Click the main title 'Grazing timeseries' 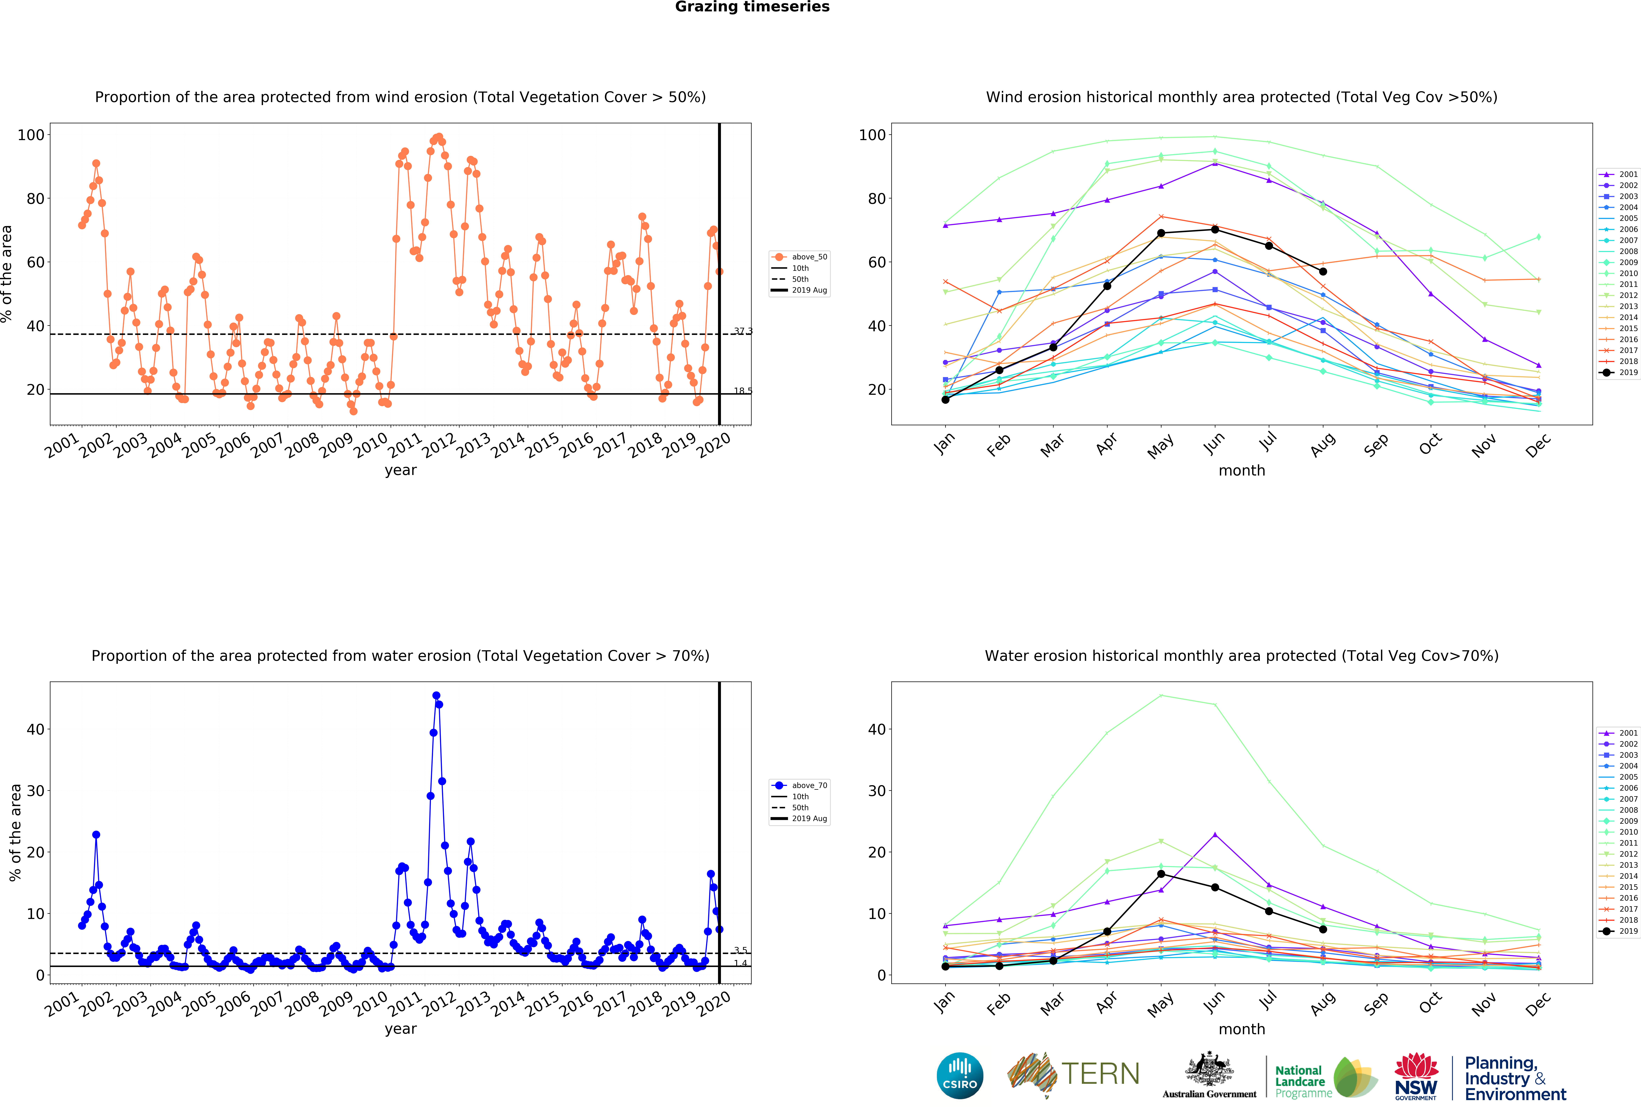pos(752,7)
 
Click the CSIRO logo pos(960,1076)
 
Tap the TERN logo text pos(1100,1074)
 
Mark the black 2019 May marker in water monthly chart pos(1161,874)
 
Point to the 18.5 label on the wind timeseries pos(743,391)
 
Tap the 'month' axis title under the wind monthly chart pos(1241,470)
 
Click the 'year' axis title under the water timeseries pos(400,1029)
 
